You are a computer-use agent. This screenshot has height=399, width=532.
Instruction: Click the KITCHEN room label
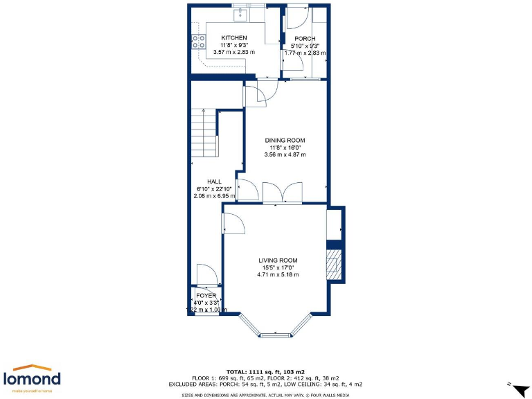(x=233, y=37)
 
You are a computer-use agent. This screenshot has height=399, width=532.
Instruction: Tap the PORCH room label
(x=304, y=38)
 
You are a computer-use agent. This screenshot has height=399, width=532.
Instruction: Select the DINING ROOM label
(x=285, y=140)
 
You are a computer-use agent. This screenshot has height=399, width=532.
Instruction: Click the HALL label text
(x=204, y=181)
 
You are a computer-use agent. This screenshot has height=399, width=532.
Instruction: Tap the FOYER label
(x=206, y=295)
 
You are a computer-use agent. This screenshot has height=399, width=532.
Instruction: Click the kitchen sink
(x=243, y=12)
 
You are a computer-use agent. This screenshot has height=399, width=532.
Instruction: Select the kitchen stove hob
(x=198, y=42)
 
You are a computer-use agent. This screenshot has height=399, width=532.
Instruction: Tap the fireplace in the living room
(x=335, y=264)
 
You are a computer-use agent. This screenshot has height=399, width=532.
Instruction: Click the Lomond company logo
(x=32, y=378)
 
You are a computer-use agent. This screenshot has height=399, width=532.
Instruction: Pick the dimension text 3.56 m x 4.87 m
(x=285, y=154)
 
